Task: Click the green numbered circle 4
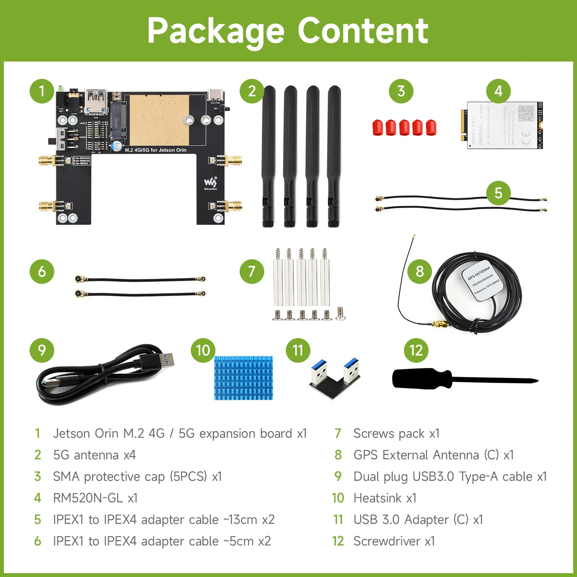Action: pyautogui.click(x=498, y=91)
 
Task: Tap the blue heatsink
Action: pyautogui.click(x=243, y=378)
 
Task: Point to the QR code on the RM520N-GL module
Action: pyautogui.click(x=526, y=113)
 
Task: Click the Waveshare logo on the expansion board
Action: pyautogui.click(x=210, y=182)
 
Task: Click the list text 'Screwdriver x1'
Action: pyautogui.click(x=394, y=541)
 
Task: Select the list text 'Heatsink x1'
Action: pyautogui.click(x=385, y=498)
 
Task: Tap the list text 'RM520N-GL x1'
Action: pyautogui.click(x=95, y=498)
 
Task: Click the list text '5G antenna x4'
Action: pyautogui.click(x=94, y=455)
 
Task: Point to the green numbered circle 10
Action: pyautogui.click(x=203, y=350)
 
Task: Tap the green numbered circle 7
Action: pyautogui.click(x=252, y=271)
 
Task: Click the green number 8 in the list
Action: pyautogui.click(x=338, y=455)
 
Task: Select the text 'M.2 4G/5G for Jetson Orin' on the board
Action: pyautogui.click(x=155, y=150)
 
